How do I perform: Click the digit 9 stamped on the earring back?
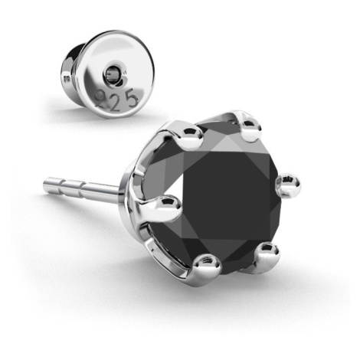coord(100,97)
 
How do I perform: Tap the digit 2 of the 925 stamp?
coord(116,102)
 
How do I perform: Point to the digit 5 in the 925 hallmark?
coord(132,97)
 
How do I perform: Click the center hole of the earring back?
coord(113,74)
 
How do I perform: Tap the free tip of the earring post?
coord(45,183)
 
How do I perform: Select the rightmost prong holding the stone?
coord(288,185)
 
